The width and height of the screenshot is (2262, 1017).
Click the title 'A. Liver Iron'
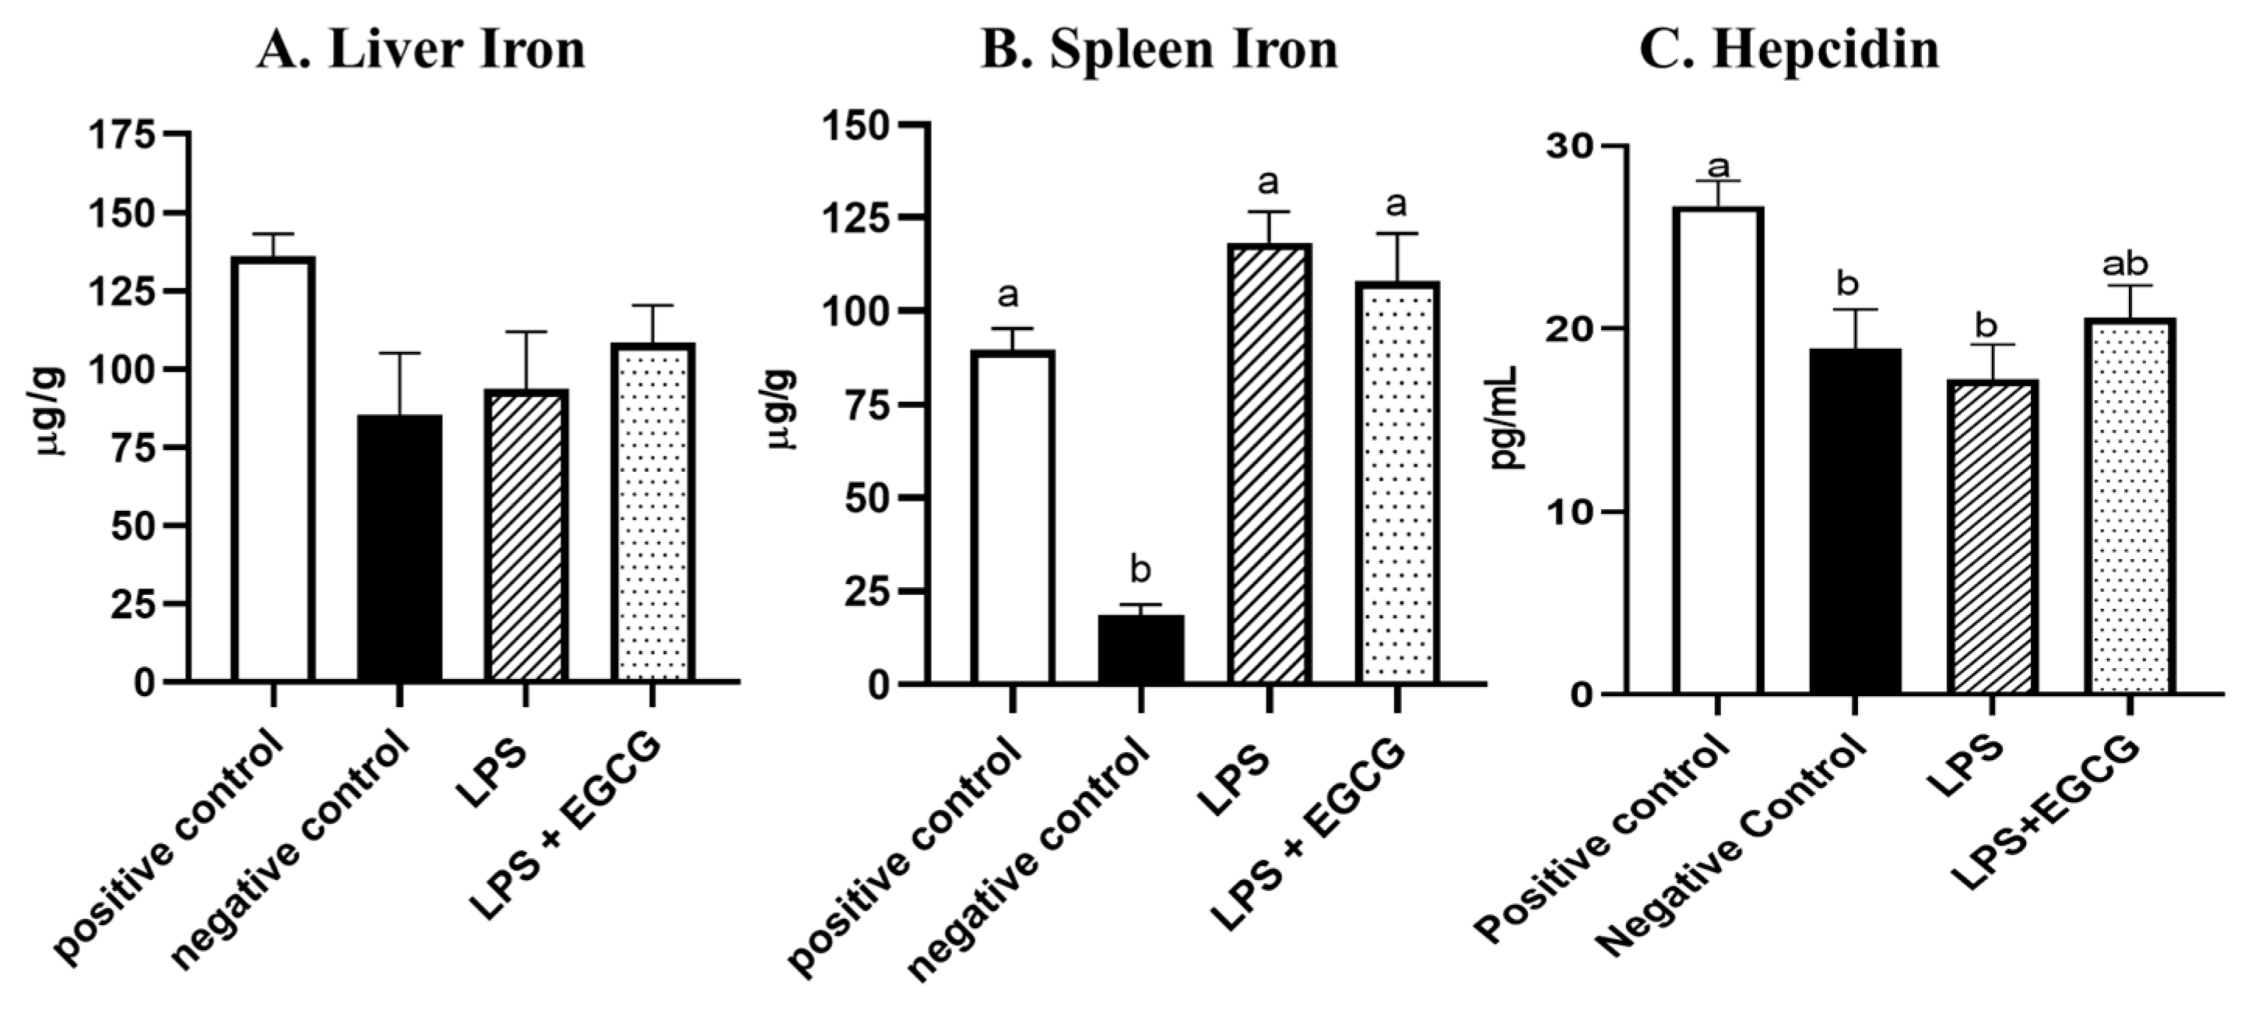tap(421, 49)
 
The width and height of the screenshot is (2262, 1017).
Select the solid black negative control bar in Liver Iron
tap(399, 549)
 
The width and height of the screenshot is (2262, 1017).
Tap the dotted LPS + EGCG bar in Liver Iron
tap(656, 514)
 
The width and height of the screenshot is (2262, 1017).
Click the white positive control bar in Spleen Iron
tap(1013, 518)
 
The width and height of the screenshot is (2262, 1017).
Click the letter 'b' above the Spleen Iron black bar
tap(1140, 571)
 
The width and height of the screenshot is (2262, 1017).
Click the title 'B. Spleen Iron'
tap(1159, 49)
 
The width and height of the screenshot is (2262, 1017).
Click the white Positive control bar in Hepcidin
tap(1719, 452)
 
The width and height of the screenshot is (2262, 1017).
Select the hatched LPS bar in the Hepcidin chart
tap(1992, 537)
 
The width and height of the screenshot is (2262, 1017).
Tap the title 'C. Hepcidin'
tap(1790, 49)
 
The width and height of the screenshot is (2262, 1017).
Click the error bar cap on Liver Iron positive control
tap(273, 234)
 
